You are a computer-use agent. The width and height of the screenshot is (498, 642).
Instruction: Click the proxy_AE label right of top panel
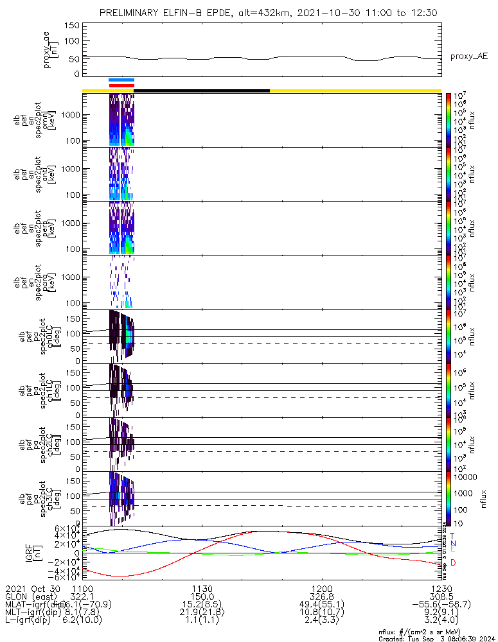coord(469,56)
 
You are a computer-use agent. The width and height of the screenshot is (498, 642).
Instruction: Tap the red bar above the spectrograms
coord(121,85)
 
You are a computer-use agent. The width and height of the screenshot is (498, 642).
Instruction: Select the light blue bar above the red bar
coord(121,80)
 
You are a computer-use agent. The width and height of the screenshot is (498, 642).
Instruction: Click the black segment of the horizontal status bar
coord(202,91)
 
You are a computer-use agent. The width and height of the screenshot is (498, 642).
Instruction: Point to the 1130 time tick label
coord(202,588)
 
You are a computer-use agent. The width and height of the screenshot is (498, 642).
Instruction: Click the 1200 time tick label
coord(321,588)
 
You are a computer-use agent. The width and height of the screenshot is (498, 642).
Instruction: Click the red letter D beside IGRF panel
coord(453,563)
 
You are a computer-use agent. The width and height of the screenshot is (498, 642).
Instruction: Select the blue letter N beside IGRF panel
coord(453,543)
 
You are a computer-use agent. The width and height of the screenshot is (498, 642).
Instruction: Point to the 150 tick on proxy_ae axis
coord(72,25)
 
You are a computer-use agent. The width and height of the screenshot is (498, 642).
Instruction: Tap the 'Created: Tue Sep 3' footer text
coord(437,638)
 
